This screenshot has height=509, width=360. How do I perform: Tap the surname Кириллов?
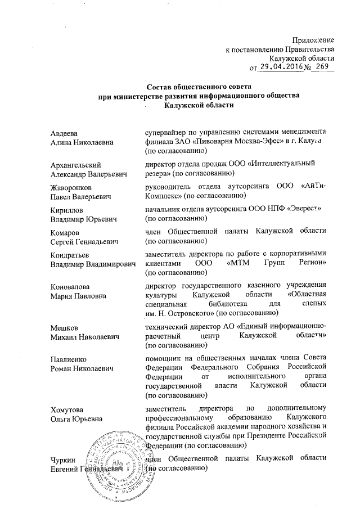click(65, 210)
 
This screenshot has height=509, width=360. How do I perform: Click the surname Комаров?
click(65, 232)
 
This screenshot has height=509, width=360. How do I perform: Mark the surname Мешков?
click(62, 327)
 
